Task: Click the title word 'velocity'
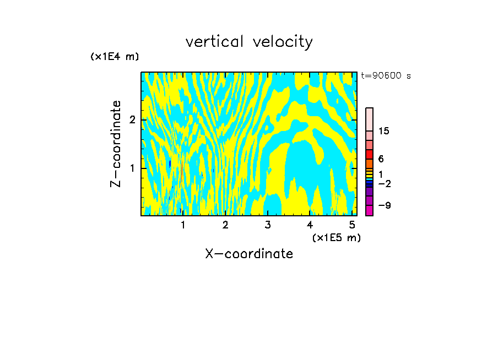pyautogui.click(x=283, y=42)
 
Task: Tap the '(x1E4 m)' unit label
pyautogui.click(x=115, y=56)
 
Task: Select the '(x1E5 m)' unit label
pyautogui.click(x=336, y=237)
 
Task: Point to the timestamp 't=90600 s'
pyautogui.click(x=386, y=76)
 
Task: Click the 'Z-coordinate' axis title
pyautogui.click(x=116, y=144)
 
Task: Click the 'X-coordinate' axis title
pyautogui.click(x=249, y=254)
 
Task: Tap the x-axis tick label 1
pyautogui.click(x=183, y=225)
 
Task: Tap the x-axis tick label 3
pyautogui.click(x=268, y=225)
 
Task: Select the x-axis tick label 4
pyautogui.click(x=310, y=225)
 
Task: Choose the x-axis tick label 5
pyautogui.click(x=353, y=225)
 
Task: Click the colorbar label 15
pyautogui.click(x=384, y=131)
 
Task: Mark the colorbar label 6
pyautogui.click(x=381, y=159)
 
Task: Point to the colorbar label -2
pyautogui.click(x=384, y=183)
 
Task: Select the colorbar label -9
pyautogui.click(x=384, y=205)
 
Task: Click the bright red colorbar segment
pyautogui.click(x=369, y=154)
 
